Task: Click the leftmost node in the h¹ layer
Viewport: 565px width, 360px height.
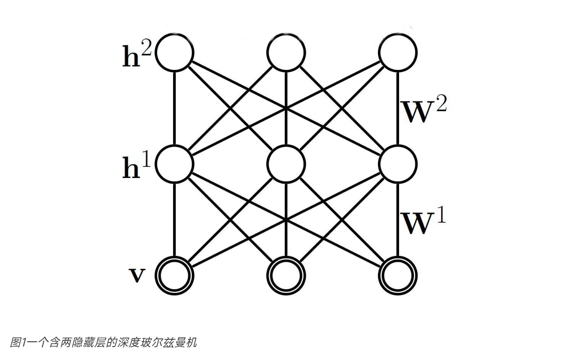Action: click(x=175, y=164)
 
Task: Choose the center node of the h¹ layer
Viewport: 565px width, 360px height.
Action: click(x=286, y=164)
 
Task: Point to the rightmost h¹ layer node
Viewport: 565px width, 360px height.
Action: click(x=398, y=164)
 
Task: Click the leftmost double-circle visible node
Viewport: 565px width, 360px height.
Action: click(x=175, y=274)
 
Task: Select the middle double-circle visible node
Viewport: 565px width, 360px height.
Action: click(x=286, y=274)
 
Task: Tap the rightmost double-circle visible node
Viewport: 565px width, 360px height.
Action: click(x=398, y=274)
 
